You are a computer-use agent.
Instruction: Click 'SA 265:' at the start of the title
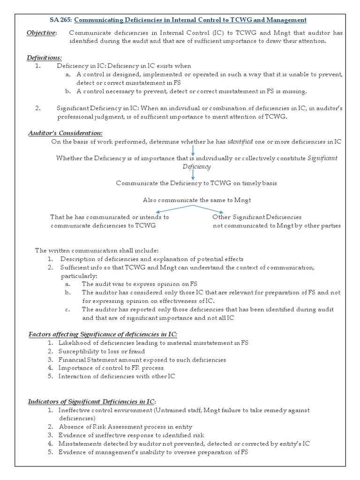(60, 20)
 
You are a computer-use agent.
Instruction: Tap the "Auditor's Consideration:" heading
(65, 134)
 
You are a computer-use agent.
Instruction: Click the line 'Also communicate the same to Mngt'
(197, 200)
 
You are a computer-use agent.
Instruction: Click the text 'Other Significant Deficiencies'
(256, 217)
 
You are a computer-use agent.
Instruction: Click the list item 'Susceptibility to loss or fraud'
(102, 351)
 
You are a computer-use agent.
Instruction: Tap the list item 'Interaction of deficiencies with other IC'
(117, 376)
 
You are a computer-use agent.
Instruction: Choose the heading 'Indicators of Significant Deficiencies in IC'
(91, 401)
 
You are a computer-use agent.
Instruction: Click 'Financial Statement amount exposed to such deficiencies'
(142, 360)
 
